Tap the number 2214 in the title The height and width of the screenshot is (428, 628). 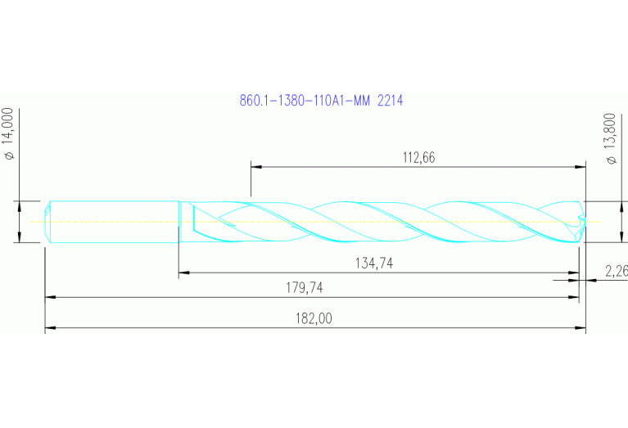390,101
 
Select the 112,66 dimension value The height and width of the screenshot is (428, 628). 418,159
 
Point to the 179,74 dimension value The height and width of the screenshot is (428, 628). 304,288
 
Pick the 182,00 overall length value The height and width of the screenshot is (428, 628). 314,318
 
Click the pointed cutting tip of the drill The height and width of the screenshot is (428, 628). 585,221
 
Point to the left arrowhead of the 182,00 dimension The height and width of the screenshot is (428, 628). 50,328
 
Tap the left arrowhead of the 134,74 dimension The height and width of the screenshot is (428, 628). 183,273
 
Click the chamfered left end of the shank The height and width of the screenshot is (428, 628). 48,222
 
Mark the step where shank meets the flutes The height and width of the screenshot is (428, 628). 179,222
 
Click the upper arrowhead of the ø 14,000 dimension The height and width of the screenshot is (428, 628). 19,205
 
